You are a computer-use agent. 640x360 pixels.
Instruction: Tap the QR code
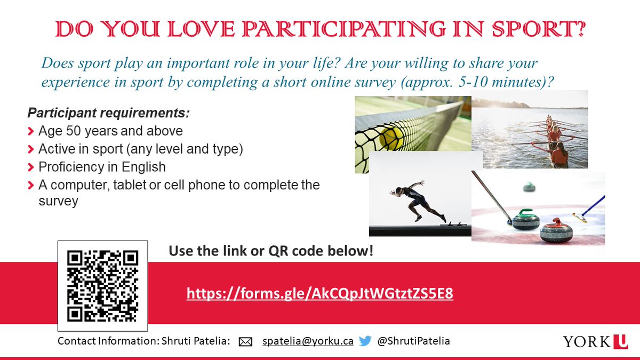(103, 286)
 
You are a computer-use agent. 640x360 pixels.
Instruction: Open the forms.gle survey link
(320, 293)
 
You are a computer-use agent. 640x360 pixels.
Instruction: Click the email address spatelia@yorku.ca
(308, 341)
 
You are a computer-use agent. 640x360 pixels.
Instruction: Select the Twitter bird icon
(365, 341)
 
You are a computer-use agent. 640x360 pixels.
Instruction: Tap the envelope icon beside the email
(245, 342)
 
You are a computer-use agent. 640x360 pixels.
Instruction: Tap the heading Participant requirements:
(109, 114)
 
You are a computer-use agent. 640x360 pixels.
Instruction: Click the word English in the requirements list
(143, 167)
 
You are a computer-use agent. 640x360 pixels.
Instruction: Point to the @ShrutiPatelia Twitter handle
(413, 341)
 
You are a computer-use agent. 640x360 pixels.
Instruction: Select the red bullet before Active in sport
(31, 149)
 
